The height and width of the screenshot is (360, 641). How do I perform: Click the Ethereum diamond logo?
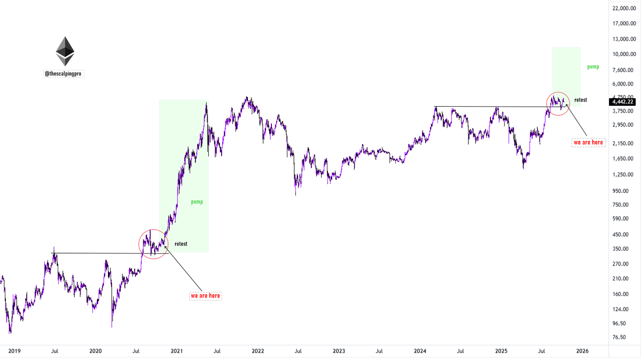[x=65, y=51]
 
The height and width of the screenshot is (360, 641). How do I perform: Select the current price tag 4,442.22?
[x=623, y=101]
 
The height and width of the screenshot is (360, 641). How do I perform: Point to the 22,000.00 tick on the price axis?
[x=624, y=9]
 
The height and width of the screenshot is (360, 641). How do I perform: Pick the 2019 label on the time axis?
[x=14, y=351]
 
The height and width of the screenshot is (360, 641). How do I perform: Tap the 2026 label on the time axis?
[x=582, y=351]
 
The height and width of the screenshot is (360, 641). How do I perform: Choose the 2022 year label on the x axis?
[x=257, y=351]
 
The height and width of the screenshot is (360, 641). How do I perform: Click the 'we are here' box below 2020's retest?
[x=206, y=295]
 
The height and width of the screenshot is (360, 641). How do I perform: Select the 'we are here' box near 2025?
[x=588, y=143]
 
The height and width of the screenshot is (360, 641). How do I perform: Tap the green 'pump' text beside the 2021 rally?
[x=197, y=202]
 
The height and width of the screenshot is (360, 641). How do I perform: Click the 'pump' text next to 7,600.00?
[x=593, y=67]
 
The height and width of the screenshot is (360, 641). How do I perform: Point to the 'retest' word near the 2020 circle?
[x=181, y=244]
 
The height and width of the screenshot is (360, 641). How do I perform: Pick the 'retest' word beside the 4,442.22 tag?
[x=581, y=100]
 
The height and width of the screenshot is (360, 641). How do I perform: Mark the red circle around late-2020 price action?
[x=153, y=244]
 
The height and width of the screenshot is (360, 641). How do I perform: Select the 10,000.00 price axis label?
[x=624, y=54]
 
